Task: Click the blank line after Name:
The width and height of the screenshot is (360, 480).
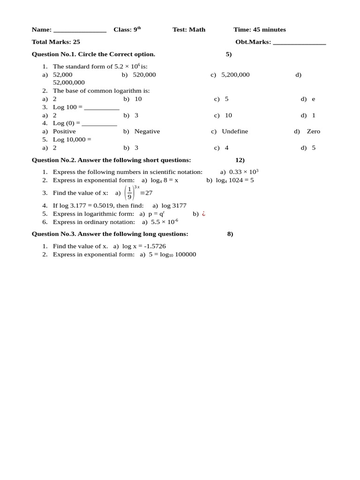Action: click(80, 31)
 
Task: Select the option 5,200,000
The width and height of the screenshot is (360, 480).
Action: click(235, 75)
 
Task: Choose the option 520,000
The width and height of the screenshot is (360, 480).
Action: click(144, 75)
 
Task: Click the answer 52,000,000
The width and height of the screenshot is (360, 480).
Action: click(69, 82)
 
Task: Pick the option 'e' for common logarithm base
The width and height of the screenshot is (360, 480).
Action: click(314, 99)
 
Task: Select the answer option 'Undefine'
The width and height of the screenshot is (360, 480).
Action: click(235, 131)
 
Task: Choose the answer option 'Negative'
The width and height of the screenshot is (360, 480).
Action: click(147, 131)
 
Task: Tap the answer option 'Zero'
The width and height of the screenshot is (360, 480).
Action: click(314, 131)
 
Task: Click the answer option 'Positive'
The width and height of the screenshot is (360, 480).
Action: click(64, 131)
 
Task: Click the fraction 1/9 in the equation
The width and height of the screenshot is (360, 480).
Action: click(130, 193)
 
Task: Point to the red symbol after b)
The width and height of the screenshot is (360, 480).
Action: click(203, 214)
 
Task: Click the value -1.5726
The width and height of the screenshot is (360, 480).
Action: click(154, 246)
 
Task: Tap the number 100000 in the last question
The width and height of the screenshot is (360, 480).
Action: click(186, 255)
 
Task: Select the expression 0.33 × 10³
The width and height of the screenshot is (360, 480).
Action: click(244, 172)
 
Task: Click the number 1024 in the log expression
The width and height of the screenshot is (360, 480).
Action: click(236, 180)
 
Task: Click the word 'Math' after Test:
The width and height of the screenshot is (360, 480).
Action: click(197, 30)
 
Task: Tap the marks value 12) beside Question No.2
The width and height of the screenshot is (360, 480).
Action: click(240, 160)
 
